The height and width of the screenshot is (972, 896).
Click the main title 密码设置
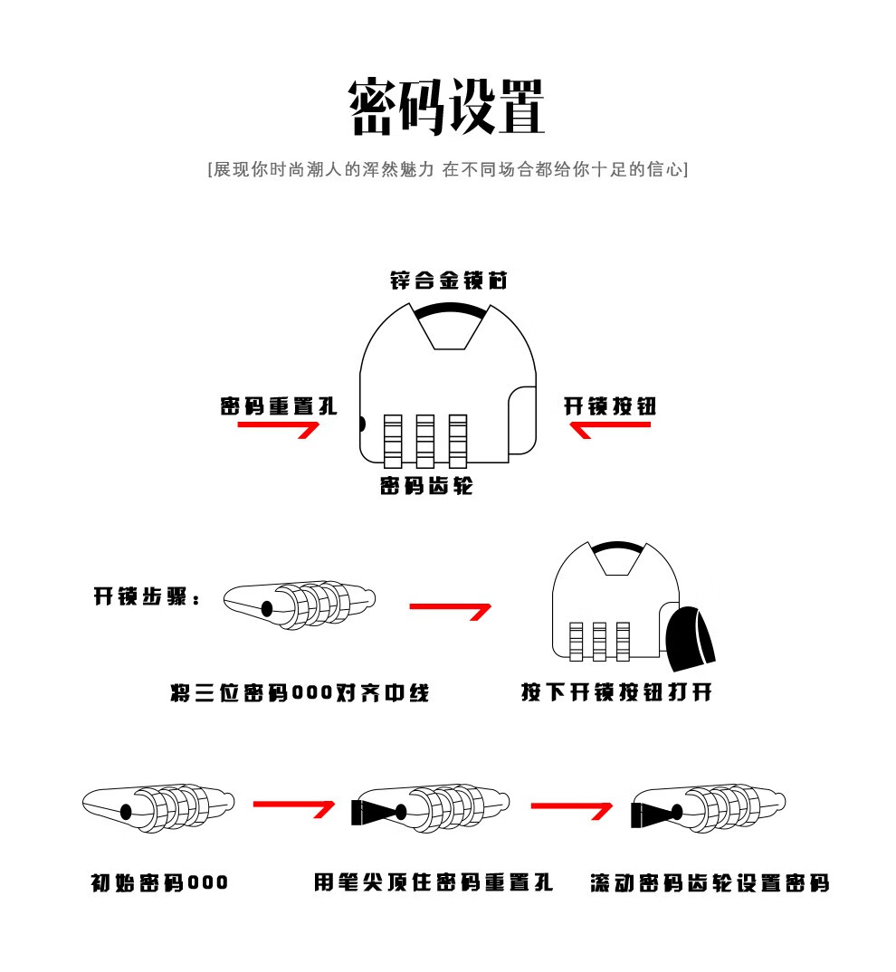(447, 106)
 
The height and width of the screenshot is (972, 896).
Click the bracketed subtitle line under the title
(447, 169)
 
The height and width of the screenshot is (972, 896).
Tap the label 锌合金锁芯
(448, 281)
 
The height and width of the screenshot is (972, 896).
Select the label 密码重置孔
(279, 406)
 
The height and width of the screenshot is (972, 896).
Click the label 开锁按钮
(609, 406)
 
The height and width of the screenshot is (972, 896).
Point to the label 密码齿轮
(426, 487)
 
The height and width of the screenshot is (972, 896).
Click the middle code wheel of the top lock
(425, 440)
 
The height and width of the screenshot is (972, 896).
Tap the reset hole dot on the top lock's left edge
(362, 424)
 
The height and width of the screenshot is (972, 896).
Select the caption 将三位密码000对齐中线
(300, 693)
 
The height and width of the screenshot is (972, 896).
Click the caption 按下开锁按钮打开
(616, 693)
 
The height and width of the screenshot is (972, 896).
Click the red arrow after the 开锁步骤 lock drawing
(450, 610)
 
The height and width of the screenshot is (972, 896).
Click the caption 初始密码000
(160, 882)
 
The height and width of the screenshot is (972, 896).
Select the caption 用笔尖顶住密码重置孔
(434, 882)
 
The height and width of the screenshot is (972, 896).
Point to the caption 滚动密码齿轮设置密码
(710, 882)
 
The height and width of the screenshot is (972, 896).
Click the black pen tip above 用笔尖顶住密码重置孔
(371, 811)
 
